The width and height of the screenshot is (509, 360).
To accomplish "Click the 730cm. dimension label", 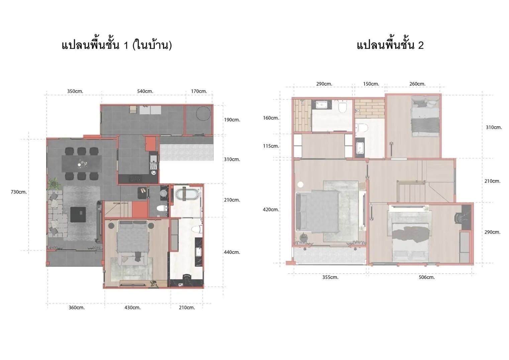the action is pyautogui.click(x=19, y=192).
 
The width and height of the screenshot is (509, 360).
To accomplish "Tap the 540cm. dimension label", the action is pyautogui.click(x=145, y=91).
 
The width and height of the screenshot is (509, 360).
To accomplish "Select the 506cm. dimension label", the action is pyautogui.click(x=427, y=277).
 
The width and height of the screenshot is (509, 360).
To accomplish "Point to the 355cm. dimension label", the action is pyautogui.click(x=330, y=277).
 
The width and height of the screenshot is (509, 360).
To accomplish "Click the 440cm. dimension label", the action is pyautogui.click(x=232, y=252).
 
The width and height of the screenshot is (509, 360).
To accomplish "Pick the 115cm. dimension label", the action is pyautogui.click(x=271, y=146).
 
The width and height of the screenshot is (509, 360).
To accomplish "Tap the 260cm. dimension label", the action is pyautogui.click(x=417, y=84).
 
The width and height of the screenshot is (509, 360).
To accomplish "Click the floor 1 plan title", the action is pyautogui.click(x=117, y=45).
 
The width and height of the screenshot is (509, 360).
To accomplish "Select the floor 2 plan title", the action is pyautogui.click(x=390, y=45).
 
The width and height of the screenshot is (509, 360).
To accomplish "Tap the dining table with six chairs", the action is pyautogui.click(x=82, y=164).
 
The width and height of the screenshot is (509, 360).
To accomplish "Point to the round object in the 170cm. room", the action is pyautogui.click(x=203, y=113).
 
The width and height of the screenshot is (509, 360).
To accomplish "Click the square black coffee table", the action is pyautogui.click(x=78, y=214).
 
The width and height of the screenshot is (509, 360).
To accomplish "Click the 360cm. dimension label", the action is pyautogui.click(x=77, y=308).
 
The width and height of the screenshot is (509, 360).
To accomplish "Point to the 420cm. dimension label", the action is pyautogui.click(x=271, y=210).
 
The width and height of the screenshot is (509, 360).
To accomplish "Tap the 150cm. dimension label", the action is pyautogui.click(x=371, y=84).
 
